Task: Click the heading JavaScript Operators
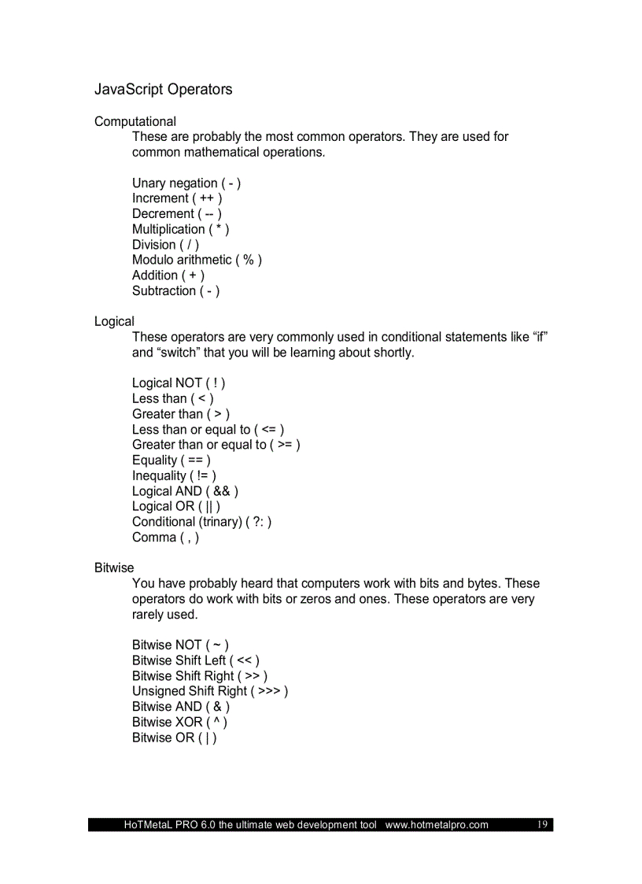tap(164, 90)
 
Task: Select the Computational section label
tap(135, 121)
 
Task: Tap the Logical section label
tap(114, 321)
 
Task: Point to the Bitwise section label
tap(114, 568)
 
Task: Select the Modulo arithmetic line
tap(197, 260)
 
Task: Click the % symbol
tap(249, 260)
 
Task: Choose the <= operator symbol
tap(268, 430)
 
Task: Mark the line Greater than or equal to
tap(216, 445)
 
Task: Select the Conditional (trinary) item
tap(201, 522)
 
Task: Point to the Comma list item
tap(165, 538)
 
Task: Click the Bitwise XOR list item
tap(179, 722)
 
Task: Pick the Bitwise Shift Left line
tap(195, 660)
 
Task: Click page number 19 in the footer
tap(542, 824)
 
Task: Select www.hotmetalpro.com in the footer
tap(437, 825)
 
